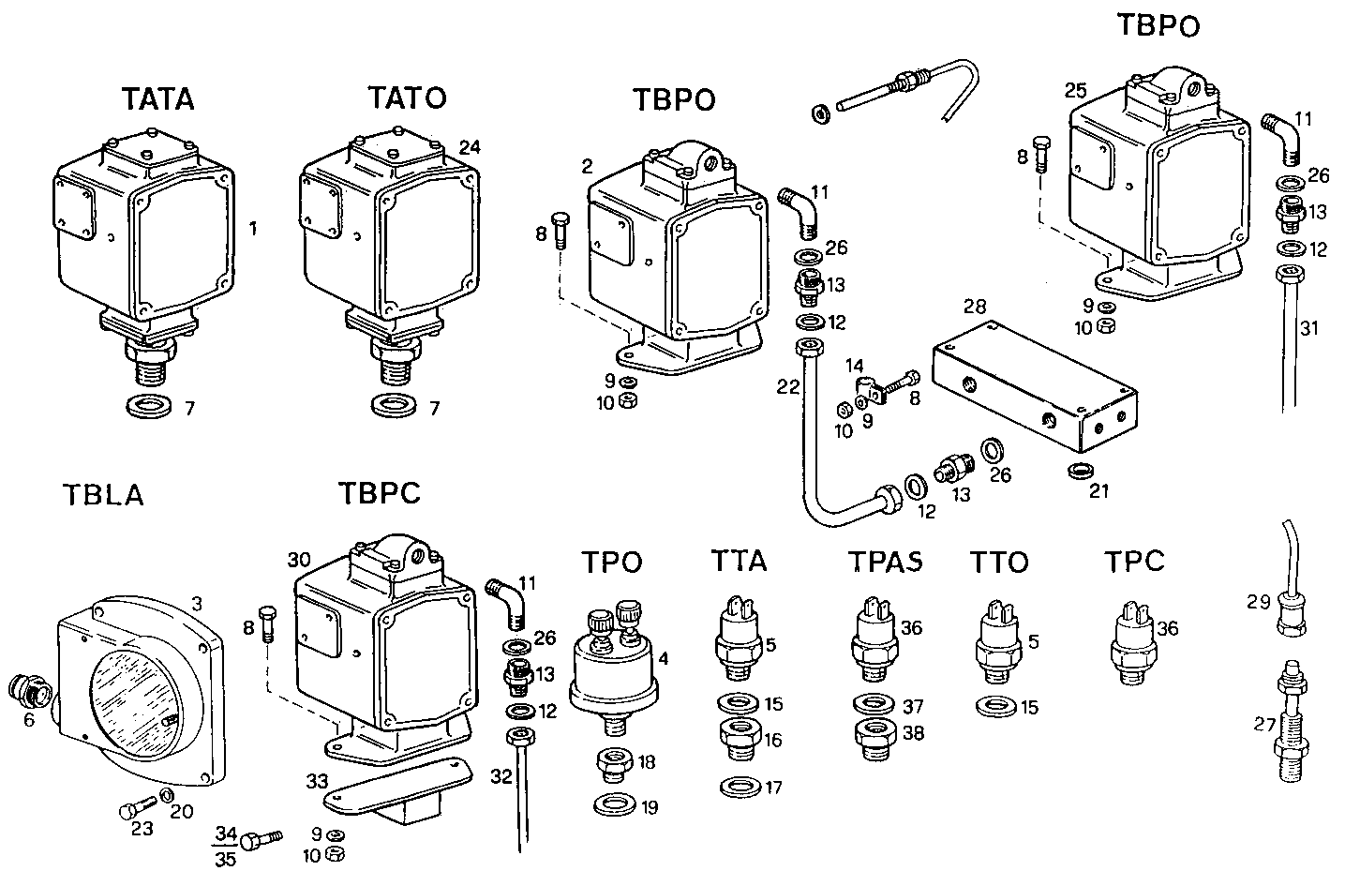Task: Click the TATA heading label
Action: (157, 98)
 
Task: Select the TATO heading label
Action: (406, 98)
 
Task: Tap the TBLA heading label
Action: (103, 494)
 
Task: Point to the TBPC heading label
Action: (380, 494)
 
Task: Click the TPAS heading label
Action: (885, 561)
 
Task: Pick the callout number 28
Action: (975, 307)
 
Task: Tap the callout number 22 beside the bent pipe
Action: (788, 386)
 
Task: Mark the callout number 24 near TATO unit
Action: (471, 146)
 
